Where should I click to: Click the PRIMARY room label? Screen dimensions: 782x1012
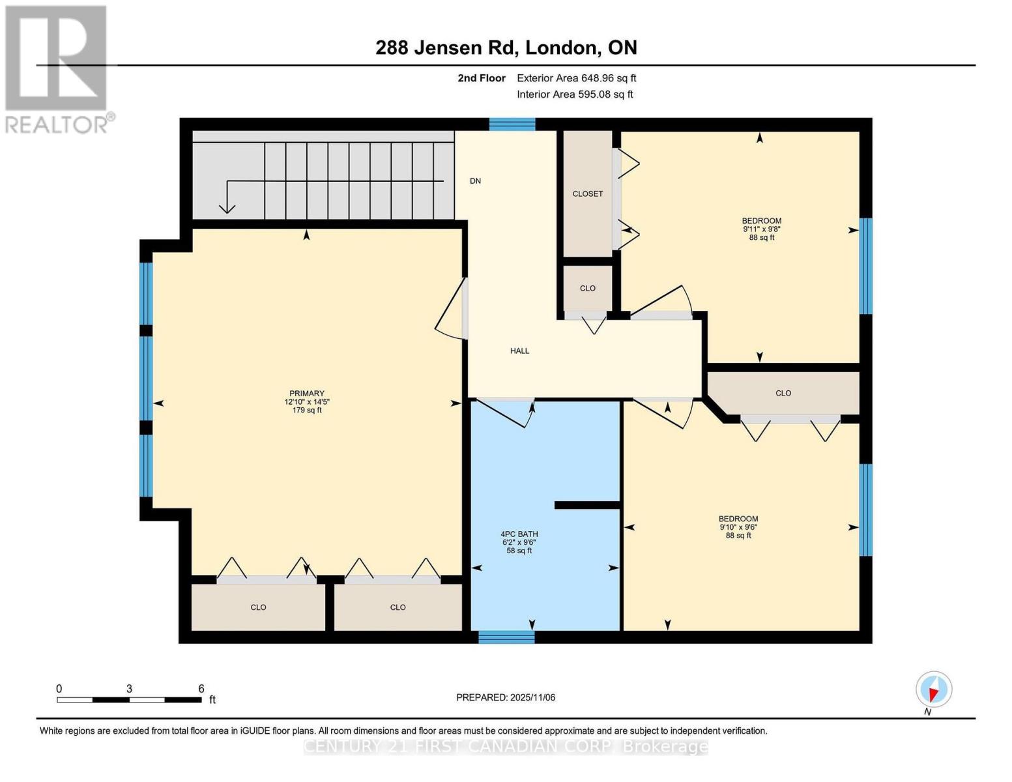(x=306, y=394)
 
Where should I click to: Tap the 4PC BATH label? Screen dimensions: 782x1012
(x=519, y=534)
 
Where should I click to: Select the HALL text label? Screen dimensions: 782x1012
(x=519, y=351)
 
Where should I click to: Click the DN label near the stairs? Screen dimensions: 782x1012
(x=475, y=181)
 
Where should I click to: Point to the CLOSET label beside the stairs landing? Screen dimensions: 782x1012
(x=587, y=194)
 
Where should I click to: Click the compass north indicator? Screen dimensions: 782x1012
(x=934, y=689)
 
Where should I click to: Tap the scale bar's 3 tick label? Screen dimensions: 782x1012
(x=130, y=689)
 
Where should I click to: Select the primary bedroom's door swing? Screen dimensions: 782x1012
(x=451, y=309)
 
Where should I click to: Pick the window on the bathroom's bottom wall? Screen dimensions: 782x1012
(x=506, y=637)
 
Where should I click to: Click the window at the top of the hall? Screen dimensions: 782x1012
(x=512, y=124)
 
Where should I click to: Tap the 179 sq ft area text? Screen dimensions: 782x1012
(x=306, y=411)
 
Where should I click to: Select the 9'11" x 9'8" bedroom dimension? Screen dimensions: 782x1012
(x=761, y=229)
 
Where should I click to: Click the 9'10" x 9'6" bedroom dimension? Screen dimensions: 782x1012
(x=738, y=527)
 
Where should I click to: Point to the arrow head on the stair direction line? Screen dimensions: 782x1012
(x=227, y=208)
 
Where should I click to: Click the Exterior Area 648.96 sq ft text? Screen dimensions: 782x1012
(x=576, y=78)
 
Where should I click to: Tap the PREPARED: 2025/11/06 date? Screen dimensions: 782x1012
(x=506, y=697)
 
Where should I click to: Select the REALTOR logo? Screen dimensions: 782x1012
(x=57, y=68)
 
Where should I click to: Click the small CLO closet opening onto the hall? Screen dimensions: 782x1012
(x=587, y=289)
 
